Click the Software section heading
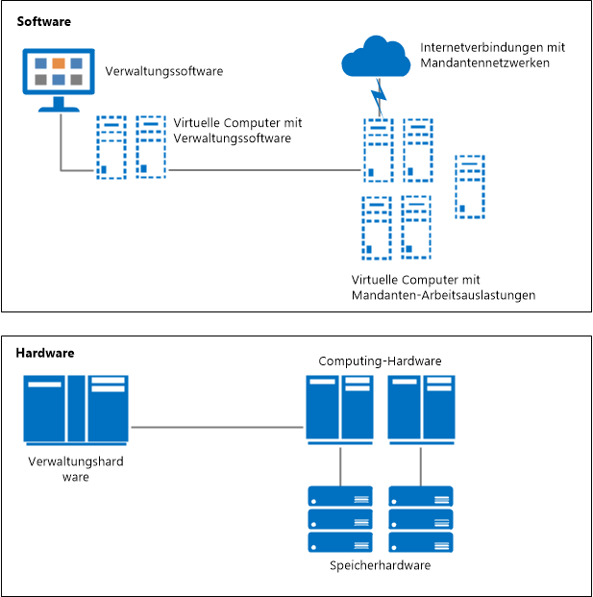[x=43, y=20]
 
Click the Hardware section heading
[x=45, y=353]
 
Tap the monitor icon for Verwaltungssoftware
[x=58, y=78]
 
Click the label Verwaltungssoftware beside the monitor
[x=163, y=72]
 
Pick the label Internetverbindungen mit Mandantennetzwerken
[x=492, y=55]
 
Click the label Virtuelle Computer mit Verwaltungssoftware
[x=238, y=131]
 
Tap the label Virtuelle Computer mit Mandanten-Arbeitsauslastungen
[x=443, y=286]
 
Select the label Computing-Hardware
[x=380, y=361]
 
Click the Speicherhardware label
[x=380, y=565]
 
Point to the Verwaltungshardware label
[x=76, y=469]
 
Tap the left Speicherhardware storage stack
[x=339, y=519]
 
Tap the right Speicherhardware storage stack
[x=420, y=519]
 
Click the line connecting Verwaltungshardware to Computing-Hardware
[x=217, y=426]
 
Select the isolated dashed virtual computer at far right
[x=469, y=187]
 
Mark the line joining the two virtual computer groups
[x=264, y=171]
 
